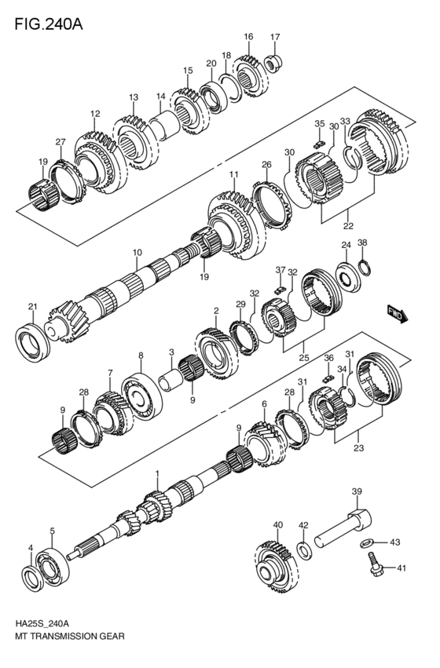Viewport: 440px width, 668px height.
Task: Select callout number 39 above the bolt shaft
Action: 356,491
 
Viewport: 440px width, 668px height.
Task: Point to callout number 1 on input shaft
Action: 157,473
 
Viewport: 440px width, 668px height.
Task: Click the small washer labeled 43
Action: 367,542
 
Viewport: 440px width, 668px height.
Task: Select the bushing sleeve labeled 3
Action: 170,382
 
